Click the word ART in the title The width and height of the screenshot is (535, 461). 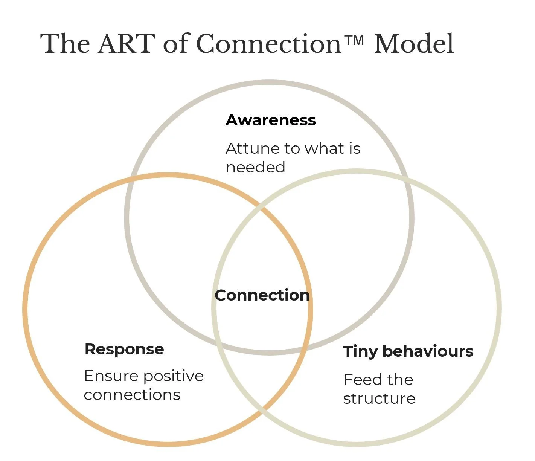(x=126, y=44)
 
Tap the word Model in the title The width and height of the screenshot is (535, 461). (x=414, y=44)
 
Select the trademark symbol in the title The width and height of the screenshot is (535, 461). (x=355, y=40)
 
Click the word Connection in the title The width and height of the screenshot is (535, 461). (x=268, y=44)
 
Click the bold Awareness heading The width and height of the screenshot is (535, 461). (x=271, y=120)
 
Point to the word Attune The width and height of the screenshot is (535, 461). (x=252, y=148)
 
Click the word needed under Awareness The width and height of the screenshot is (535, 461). (x=255, y=167)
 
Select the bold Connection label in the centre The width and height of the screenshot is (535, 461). (x=262, y=295)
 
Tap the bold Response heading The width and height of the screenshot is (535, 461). (x=124, y=350)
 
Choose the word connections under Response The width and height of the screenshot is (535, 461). (x=132, y=395)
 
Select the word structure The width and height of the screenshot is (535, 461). (x=379, y=398)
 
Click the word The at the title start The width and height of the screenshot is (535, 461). (x=65, y=44)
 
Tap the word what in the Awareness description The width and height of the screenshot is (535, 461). (x=324, y=148)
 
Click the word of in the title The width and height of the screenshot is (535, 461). (x=176, y=44)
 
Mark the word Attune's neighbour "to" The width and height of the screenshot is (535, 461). (x=291, y=149)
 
